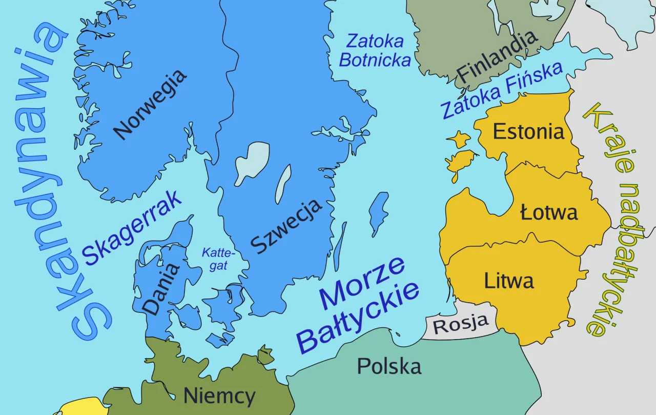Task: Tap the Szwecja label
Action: coord(286,225)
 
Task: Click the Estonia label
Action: coord(528,132)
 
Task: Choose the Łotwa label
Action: coord(549,212)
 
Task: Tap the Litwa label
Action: coord(508,281)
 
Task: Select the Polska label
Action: coord(389,366)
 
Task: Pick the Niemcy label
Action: coord(219,396)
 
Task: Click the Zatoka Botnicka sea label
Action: coord(375,50)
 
